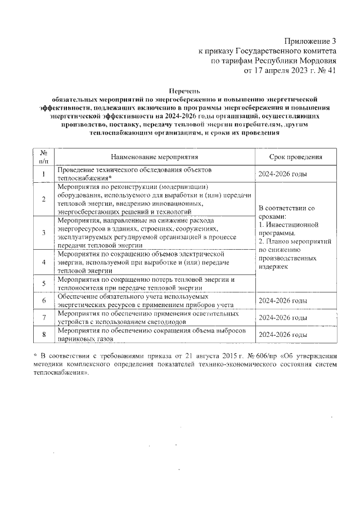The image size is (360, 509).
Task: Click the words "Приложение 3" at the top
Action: click(x=309, y=41)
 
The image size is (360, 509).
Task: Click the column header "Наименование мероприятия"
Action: click(x=155, y=157)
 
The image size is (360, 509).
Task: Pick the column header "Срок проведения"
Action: click(x=295, y=157)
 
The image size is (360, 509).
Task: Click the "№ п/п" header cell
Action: click(x=44, y=157)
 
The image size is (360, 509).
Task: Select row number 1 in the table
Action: click(x=44, y=174)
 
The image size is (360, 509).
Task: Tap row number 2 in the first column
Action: click(x=44, y=199)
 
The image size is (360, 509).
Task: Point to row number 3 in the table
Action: click(x=44, y=232)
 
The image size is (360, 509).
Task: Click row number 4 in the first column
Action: click(x=44, y=262)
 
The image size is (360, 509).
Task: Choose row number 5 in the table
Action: click(x=44, y=283)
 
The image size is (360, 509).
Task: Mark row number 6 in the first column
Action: click(x=44, y=300)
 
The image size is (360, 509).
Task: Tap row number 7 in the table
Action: click(x=44, y=317)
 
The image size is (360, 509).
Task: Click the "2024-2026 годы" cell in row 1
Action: click(x=282, y=174)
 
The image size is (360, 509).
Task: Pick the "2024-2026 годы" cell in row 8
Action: click(x=282, y=335)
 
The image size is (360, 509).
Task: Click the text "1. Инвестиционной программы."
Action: click(x=285, y=229)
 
